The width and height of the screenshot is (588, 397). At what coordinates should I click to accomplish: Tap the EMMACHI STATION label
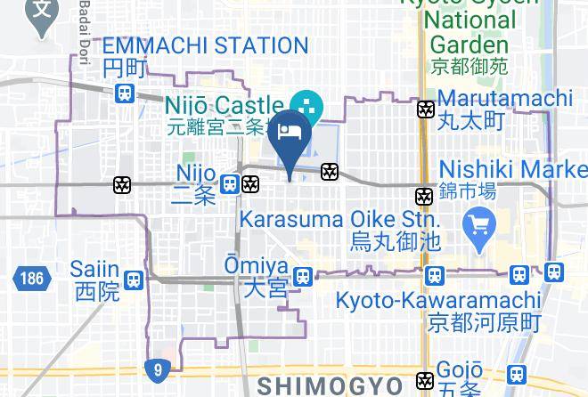point(205,45)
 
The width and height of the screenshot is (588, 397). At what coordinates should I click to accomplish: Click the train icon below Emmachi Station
point(125,92)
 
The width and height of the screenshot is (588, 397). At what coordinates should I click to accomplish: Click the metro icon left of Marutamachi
point(426,109)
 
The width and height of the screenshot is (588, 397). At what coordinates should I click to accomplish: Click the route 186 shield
point(28,278)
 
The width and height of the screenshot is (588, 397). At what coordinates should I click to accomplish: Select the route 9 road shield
point(158,369)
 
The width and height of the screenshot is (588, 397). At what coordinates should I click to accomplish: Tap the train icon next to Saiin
point(134,280)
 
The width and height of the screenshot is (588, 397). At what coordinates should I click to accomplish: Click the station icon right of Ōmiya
point(303,277)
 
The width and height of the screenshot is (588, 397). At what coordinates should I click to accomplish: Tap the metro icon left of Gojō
point(427,380)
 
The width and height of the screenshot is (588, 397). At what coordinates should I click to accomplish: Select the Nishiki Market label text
point(512,169)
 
